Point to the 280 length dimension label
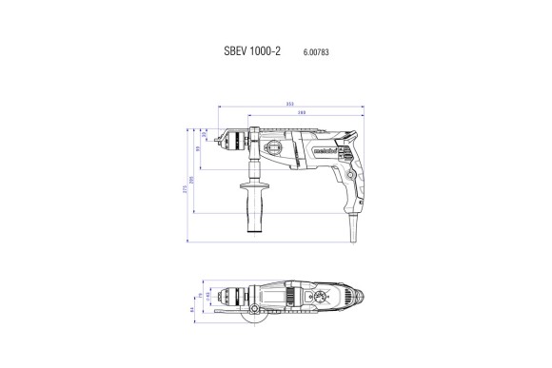coord(301,114)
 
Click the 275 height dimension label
coord(185,188)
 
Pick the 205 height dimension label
coord(191,179)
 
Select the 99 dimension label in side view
coord(198,149)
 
